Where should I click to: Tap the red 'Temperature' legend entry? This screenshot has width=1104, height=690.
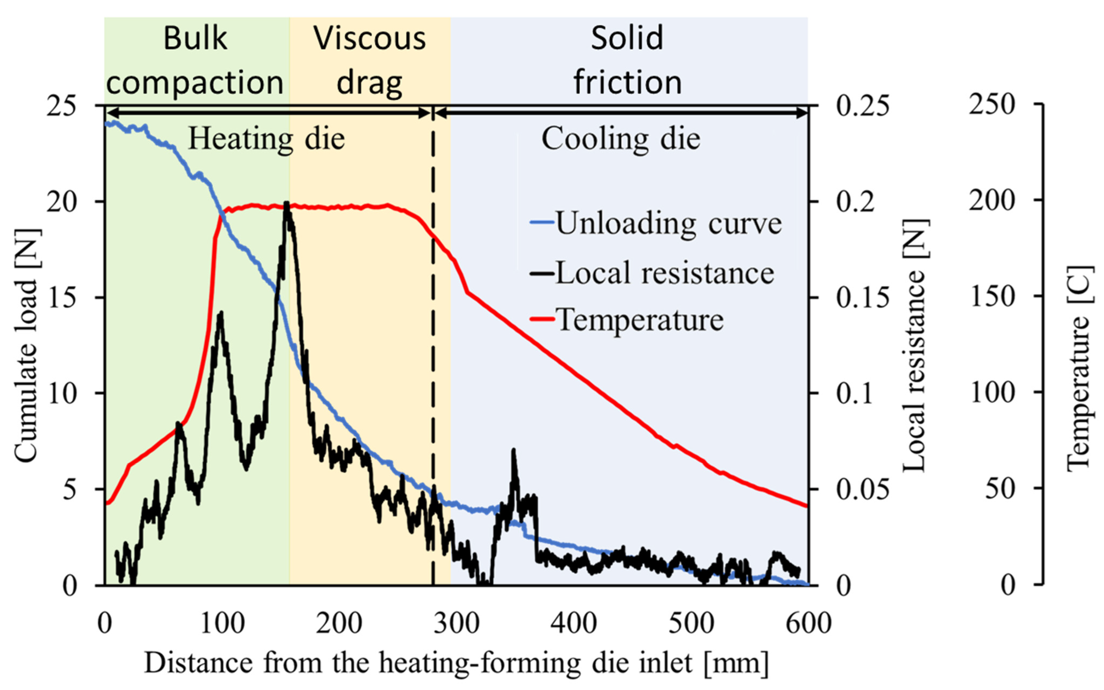coord(627,320)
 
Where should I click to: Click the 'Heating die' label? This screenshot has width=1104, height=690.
coord(267,139)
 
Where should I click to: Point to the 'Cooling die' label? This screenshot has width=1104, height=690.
coord(621,139)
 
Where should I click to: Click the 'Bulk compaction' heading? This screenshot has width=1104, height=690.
coord(195,60)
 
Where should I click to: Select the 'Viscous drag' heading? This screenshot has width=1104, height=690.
coord(370,60)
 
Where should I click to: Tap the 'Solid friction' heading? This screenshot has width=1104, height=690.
coord(628,60)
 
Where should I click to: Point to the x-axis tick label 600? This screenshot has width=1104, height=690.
coord(808,624)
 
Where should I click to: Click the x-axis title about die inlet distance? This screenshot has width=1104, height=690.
coord(456,663)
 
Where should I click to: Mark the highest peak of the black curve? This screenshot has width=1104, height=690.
coord(286,202)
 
